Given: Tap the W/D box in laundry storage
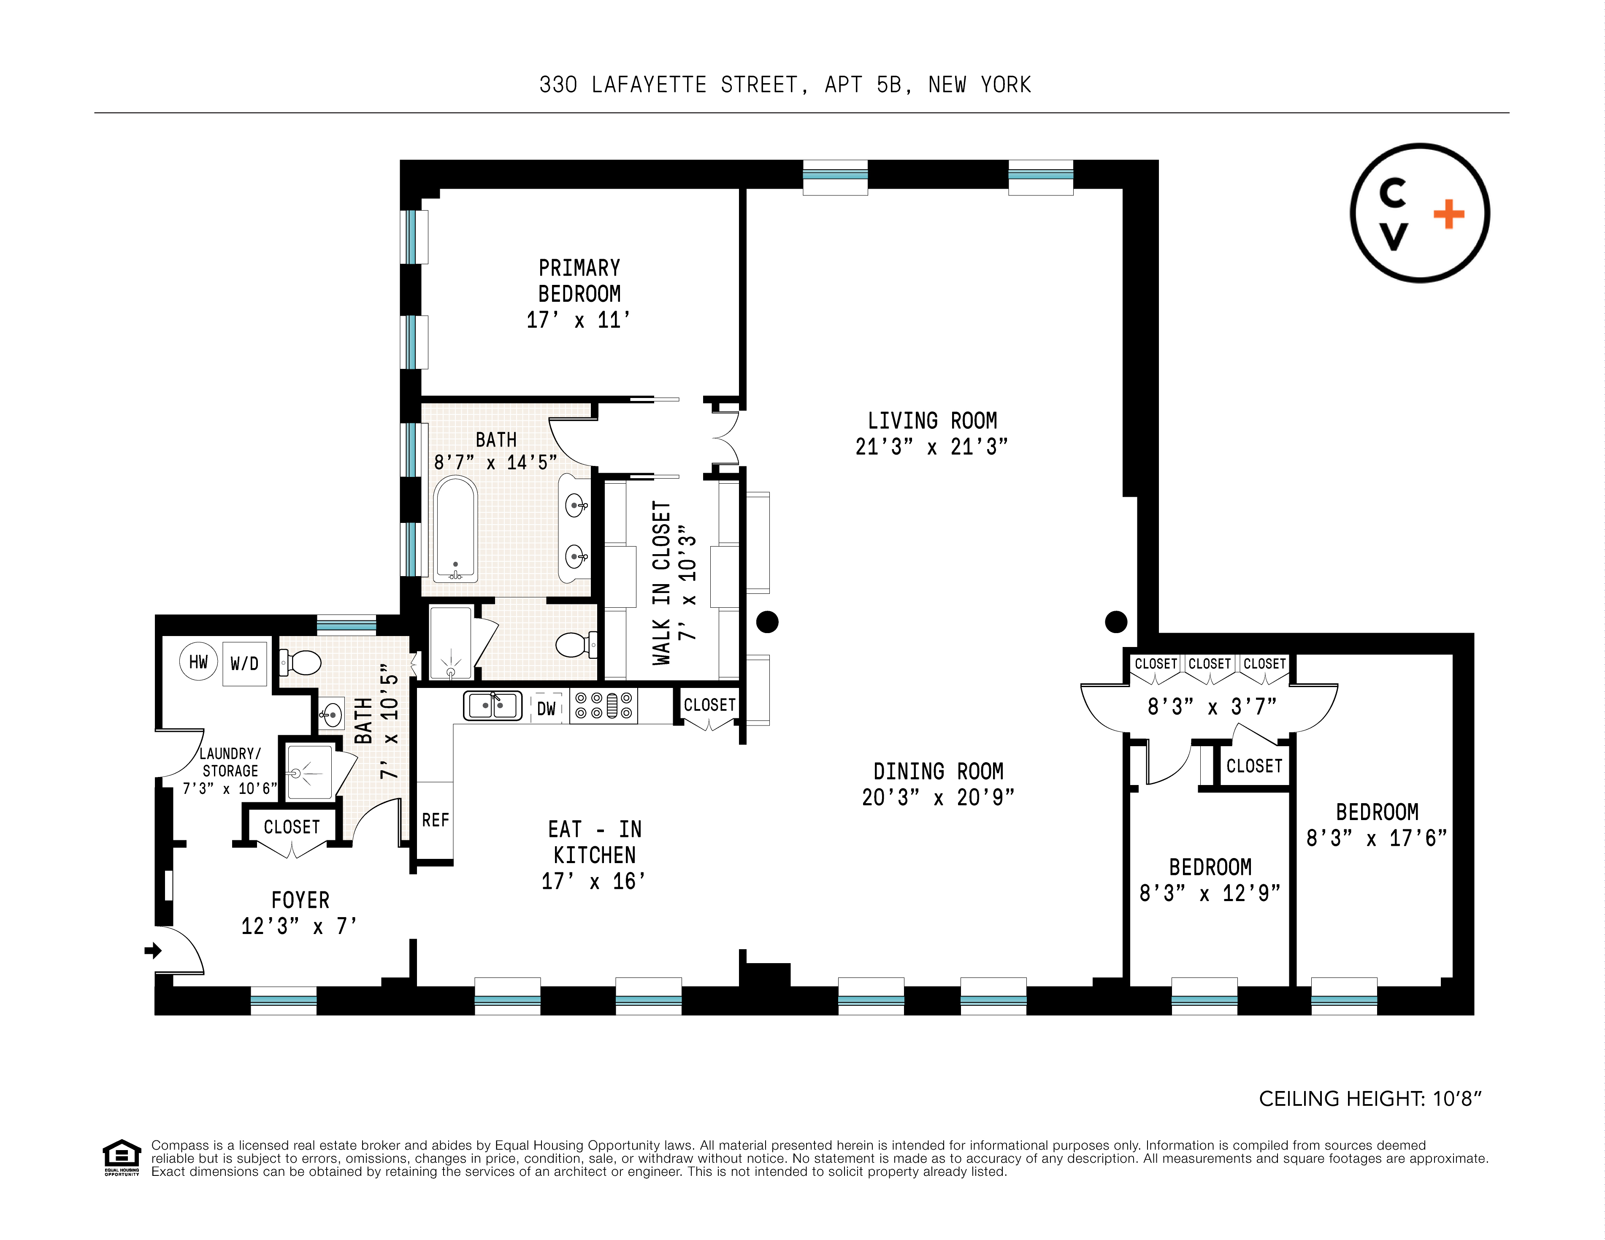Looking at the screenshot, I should [245, 664].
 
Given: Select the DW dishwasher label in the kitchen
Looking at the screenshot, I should [546, 709].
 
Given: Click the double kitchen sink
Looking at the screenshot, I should [493, 706].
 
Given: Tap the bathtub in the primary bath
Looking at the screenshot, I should [456, 529].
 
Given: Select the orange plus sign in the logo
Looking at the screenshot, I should [1448, 215].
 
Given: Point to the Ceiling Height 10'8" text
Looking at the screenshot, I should [1370, 1099].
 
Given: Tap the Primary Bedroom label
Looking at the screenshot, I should [579, 281].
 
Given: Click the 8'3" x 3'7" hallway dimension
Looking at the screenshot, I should [1212, 707].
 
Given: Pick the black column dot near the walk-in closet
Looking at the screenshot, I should [767, 622].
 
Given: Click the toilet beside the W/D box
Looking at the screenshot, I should [301, 664].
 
